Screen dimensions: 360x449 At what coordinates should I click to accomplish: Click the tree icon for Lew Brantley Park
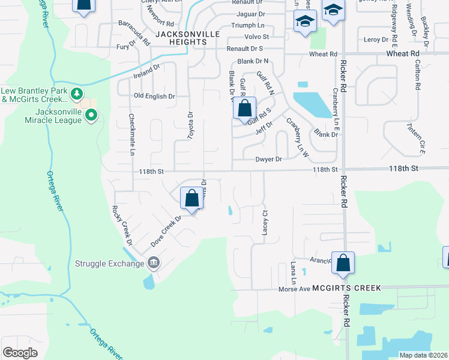coord(76,94)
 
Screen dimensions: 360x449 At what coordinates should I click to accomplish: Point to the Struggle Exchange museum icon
coord(153,262)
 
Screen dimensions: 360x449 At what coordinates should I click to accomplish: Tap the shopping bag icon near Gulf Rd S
coord(244,109)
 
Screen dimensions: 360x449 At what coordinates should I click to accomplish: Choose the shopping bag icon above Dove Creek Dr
coord(191,199)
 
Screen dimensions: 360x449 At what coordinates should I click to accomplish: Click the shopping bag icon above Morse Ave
coord(343,263)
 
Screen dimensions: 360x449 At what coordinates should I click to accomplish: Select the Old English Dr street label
coord(154,96)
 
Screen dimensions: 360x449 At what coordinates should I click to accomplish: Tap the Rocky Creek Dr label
coord(121,226)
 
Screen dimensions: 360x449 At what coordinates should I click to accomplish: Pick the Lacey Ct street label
coord(264,223)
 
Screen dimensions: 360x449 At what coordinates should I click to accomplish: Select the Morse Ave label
coord(294,289)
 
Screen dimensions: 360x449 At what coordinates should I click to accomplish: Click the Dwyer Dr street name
coord(269,159)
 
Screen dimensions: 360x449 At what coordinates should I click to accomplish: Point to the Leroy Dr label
coord(376,40)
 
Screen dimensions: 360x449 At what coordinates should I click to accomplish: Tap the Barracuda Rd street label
coord(134,34)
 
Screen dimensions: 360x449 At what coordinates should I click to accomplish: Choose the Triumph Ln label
coord(249,26)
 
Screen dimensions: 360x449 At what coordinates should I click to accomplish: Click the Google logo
coord(20,353)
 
